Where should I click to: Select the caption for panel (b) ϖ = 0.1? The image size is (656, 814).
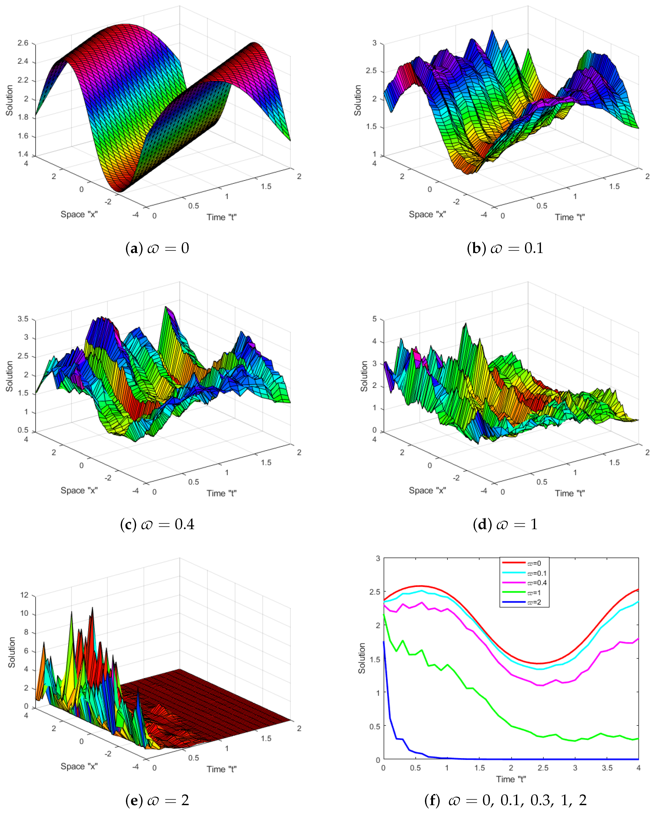[x=505, y=248]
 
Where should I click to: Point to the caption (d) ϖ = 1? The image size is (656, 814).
[x=505, y=524]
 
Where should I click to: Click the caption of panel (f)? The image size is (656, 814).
[x=505, y=800]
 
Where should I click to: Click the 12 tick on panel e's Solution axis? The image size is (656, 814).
[x=24, y=595]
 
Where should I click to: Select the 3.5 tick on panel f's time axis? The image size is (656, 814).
[x=607, y=768]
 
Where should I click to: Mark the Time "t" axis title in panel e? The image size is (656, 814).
[x=221, y=769]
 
